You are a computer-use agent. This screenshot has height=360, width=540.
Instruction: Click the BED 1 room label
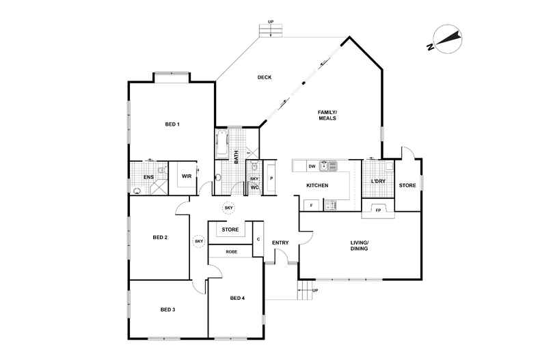[x=172, y=124]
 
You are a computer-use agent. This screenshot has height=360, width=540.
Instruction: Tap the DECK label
[x=265, y=77]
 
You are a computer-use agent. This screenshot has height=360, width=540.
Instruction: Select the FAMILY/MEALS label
[x=327, y=115]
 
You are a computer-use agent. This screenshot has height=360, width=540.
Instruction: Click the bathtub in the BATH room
[x=222, y=143]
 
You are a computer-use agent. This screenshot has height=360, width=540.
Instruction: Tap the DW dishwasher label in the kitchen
[x=312, y=166]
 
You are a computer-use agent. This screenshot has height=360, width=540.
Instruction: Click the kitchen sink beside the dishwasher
[x=328, y=166]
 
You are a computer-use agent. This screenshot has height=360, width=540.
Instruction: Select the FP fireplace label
[x=378, y=210]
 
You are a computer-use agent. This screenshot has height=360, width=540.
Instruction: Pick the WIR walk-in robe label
[x=187, y=176]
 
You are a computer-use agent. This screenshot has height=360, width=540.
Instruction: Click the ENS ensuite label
[x=149, y=177]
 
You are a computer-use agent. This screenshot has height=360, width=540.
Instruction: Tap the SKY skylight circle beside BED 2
[x=199, y=242]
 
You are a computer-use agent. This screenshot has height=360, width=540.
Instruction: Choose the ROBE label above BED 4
[x=232, y=252]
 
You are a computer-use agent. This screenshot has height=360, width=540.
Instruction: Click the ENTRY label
[x=280, y=243]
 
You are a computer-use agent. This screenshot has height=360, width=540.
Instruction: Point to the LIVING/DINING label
[x=359, y=245]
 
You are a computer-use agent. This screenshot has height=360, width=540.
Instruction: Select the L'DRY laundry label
[x=378, y=182]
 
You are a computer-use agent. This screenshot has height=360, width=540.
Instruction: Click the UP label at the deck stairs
[x=271, y=22]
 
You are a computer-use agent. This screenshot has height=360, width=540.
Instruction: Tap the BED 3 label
[x=167, y=309]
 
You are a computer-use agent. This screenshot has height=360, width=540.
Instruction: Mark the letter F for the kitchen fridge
[x=311, y=206]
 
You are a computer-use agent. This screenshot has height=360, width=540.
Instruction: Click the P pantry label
[x=271, y=178]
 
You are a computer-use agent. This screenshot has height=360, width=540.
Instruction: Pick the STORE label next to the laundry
[x=407, y=185]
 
